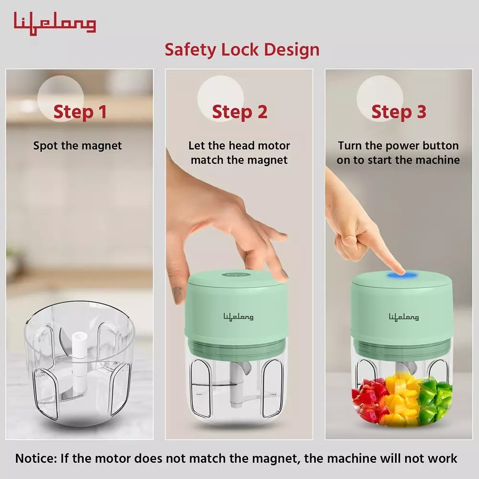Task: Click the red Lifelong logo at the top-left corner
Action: pos(55,23)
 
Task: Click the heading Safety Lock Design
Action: pos(242,49)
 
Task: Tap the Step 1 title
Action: pos(80,112)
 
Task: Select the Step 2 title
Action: pos(239,112)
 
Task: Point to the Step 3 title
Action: pos(399,112)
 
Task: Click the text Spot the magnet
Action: pos(78,146)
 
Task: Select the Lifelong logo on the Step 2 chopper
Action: pos(238,317)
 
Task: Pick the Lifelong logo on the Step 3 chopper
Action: pos(403,317)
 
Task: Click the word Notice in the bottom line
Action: pos(36,458)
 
